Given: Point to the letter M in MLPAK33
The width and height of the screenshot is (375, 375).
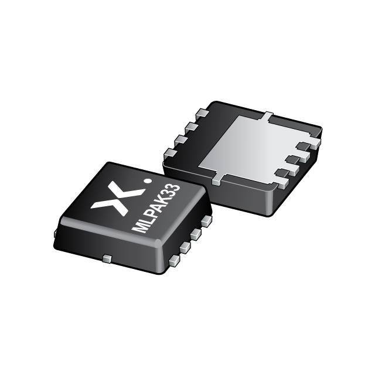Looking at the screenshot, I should click(x=141, y=226).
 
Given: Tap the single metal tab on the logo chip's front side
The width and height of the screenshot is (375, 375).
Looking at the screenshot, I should click(x=106, y=258).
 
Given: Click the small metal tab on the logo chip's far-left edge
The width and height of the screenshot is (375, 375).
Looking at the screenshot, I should click(x=54, y=233).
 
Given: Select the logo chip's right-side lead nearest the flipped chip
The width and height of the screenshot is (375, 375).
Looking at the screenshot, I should click(x=206, y=221).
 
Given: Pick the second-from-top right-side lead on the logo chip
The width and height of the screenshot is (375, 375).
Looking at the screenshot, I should click(x=196, y=234).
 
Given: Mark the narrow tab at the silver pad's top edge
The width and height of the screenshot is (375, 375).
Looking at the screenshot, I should click(x=267, y=115).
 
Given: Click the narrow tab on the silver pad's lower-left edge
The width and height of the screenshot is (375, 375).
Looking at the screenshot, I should click(x=216, y=179).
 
